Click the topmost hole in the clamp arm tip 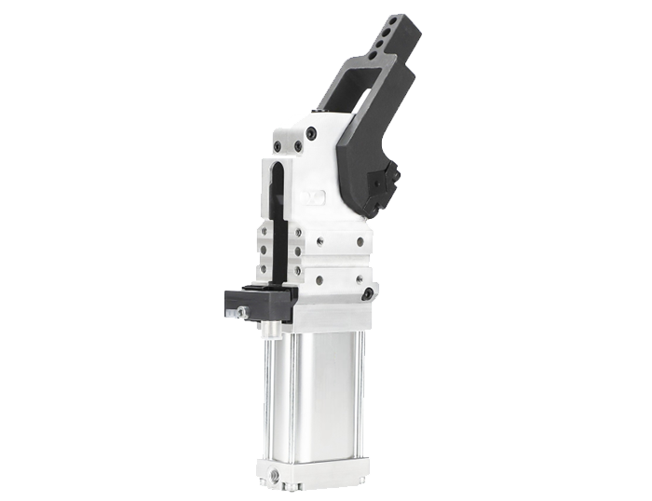(401, 19)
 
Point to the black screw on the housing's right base (368, 293)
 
